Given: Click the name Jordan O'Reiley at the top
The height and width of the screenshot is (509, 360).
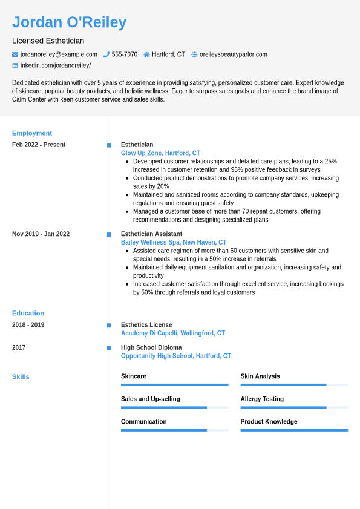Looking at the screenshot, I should click(x=69, y=22).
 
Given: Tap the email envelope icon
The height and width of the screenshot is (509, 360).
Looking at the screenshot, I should click(x=15, y=54).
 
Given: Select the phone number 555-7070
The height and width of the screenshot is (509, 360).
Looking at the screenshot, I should click(x=124, y=54).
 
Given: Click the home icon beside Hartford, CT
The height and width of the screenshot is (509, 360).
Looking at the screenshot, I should click(x=146, y=54).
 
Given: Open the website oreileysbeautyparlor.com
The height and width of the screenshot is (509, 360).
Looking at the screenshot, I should click(x=233, y=54).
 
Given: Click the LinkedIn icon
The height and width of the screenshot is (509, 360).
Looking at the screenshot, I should click(x=15, y=65).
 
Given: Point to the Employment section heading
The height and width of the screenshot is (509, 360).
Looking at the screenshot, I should click(x=32, y=133).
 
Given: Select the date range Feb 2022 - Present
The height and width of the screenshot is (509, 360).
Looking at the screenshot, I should click(x=39, y=145).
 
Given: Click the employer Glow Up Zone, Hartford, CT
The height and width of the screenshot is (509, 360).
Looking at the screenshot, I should click(x=160, y=153).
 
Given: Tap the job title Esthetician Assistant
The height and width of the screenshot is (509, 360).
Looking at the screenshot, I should click(x=151, y=234).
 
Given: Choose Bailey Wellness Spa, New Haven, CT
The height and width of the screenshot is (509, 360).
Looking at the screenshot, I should click(x=174, y=242).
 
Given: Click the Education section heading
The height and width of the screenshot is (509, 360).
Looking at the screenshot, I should click(x=28, y=313).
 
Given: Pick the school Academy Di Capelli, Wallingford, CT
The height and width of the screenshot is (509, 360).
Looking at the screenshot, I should click(x=173, y=333).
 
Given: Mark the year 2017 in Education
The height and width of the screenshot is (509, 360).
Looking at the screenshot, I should click(x=19, y=347).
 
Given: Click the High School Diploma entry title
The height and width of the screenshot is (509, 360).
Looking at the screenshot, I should click(x=151, y=347).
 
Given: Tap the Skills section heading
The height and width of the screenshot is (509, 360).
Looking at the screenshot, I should click(x=21, y=376).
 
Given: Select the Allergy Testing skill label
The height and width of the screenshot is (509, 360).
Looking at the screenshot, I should click(x=262, y=399).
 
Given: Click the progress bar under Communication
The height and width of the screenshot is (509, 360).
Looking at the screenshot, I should click(x=174, y=430).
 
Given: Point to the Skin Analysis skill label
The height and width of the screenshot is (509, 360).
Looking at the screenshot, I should click(x=260, y=376).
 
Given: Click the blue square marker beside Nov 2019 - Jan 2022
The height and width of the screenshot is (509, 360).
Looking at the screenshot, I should click(x=109, y=234).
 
